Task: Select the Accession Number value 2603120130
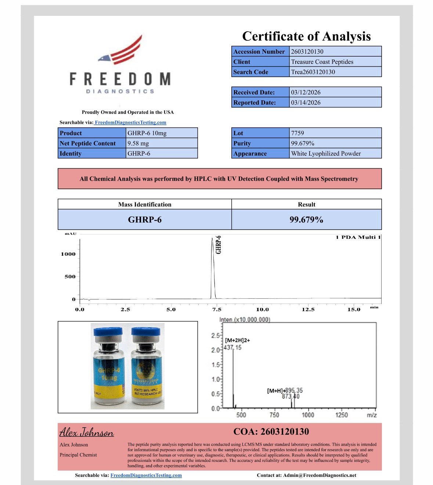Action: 307,51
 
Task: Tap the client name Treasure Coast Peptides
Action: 322,62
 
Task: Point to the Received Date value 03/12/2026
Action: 306,92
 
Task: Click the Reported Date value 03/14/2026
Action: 306,103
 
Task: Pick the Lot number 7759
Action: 297,133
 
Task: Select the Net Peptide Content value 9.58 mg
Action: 138,143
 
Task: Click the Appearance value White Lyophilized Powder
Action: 326,154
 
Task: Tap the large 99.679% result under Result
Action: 306,220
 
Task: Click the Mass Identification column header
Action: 145,205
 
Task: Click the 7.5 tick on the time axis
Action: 217,309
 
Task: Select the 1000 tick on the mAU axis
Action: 68,254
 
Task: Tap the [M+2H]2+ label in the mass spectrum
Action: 237,340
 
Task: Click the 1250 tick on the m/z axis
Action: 342,415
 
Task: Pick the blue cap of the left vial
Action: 108,331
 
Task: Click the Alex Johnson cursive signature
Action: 87,432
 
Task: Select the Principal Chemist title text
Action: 78,455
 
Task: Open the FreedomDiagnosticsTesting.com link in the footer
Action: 146,475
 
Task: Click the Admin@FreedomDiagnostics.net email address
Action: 320,475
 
